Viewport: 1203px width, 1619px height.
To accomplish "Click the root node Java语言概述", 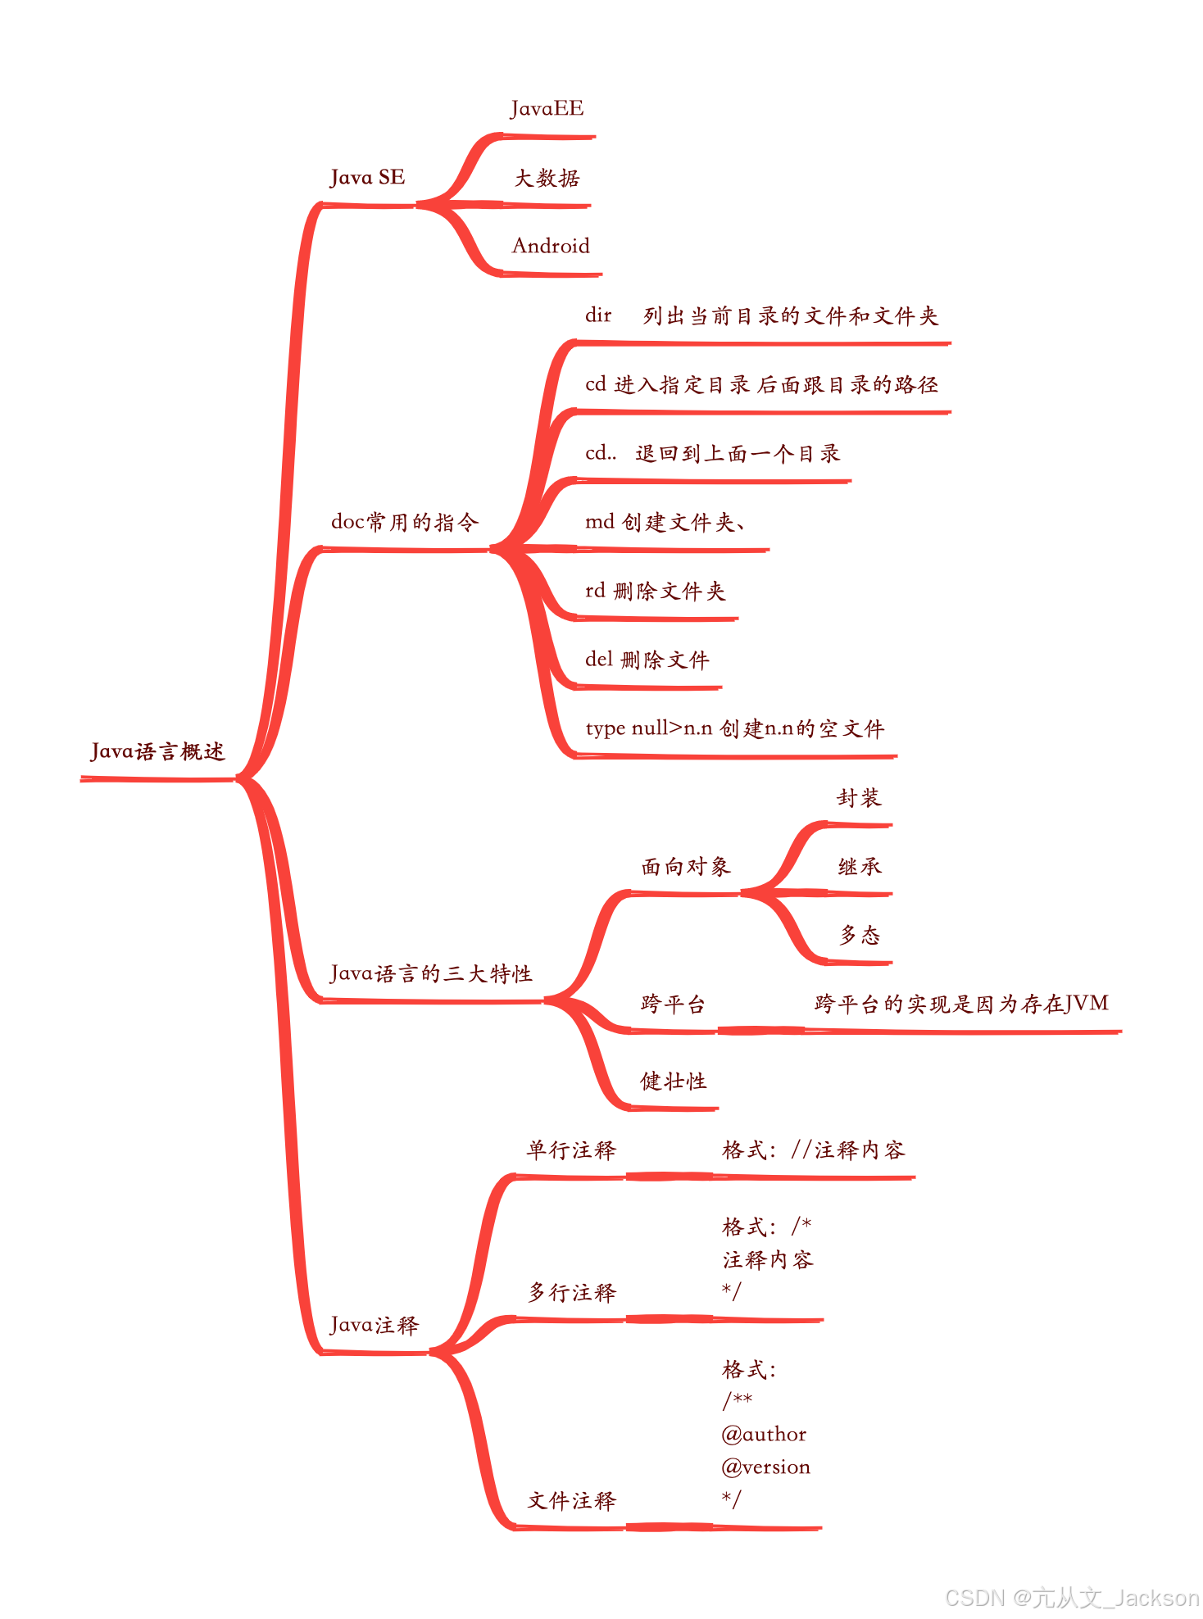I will pyautogui.click(x=157, y=751).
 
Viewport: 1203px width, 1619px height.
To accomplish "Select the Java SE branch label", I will pyautogui.click(x=367, y=178).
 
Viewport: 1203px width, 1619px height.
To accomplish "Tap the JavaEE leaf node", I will pyautogui.click(x=547, y=109).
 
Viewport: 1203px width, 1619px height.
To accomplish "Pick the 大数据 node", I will pyautogui.click(x=547, y=178).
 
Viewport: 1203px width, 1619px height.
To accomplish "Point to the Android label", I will pyautogui.click(x=551, y=246).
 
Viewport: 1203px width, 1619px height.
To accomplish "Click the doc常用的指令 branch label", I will pyautogui.click(x=404, y=522).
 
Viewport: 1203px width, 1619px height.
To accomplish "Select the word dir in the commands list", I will pyautogui.click(x=598, y=315).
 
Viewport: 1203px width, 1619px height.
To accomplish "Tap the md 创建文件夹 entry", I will pyautogui.click(x=664, y=522).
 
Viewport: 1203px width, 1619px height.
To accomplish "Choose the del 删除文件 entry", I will pyautogui.click(x=647, y=660).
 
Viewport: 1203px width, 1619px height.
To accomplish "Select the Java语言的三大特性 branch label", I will pyautogui.click(x=431, y=973).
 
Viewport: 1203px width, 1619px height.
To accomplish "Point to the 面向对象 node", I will pyautogui.click(x=685, y=866).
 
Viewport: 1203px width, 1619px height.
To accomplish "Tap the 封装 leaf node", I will pyautogui.click(x=859, y=797).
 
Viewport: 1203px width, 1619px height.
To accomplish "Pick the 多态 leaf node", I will pyautogui.click(x=859, y=935).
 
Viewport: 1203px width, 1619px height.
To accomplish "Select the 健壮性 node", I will pyautogui.click(x=673, y=1081).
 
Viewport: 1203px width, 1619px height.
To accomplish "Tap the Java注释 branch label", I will pyautogui.click(x=374, y=1325).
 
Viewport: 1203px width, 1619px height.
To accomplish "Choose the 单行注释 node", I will pyautogui.click(x=570, y=1150).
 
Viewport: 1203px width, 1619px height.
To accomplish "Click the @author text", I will pyautogui.click(x=764, y=1434).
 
